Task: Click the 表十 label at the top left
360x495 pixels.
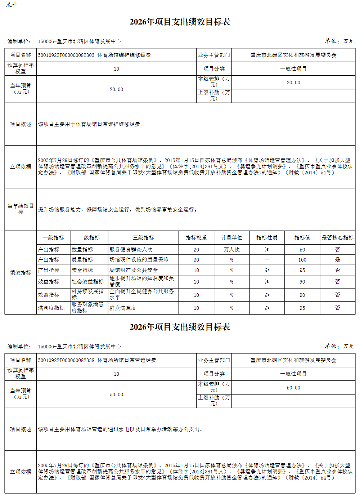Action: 12,5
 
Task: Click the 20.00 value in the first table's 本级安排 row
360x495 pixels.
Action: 293,82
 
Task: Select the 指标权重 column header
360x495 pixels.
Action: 196,238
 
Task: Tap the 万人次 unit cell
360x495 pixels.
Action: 231,250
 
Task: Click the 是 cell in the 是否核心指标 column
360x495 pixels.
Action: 337,260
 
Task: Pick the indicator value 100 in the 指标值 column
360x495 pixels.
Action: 302,260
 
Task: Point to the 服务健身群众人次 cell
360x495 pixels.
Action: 131,250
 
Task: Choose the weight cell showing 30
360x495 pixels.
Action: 196,260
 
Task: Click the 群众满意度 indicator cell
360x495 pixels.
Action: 123,308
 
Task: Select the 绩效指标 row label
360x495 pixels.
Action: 21,273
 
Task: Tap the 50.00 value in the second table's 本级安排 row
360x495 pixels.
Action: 293,388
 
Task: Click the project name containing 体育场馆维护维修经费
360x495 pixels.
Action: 94,55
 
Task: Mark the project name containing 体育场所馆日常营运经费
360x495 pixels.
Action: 97,360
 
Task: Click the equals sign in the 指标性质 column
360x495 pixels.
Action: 267,260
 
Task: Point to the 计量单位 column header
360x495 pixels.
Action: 231,238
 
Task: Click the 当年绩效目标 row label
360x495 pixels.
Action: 21,209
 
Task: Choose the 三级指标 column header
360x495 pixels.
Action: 143,238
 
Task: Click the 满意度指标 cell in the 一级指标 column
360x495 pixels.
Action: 51,308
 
